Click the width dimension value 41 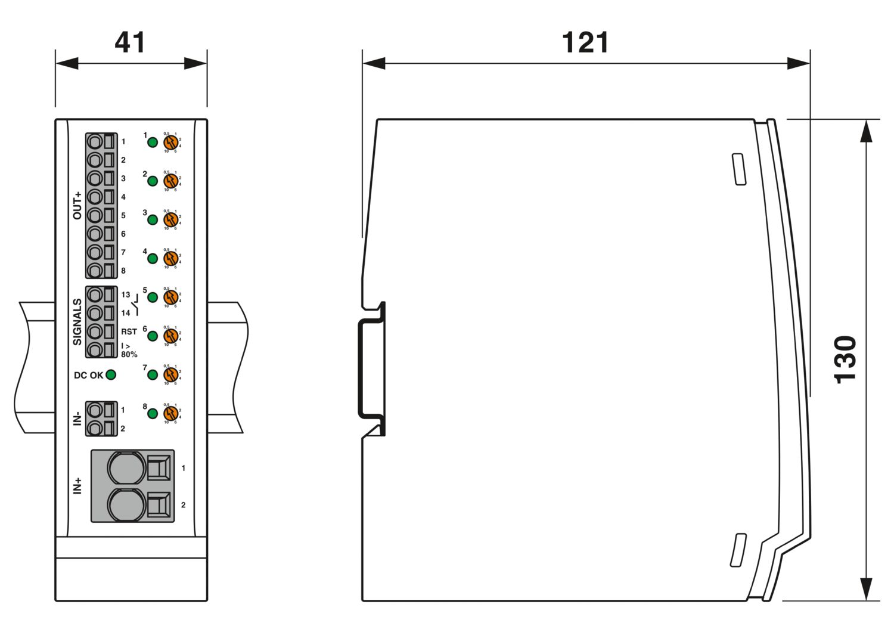coord(129,42)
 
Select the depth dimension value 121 coord(585,42)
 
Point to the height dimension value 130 coord(845,360)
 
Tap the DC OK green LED coord(110,375)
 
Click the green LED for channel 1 coord(153,142)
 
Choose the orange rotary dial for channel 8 coord(171,413)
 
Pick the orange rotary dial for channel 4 coord(171,258)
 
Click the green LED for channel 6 coord(153,336)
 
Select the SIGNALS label coord(77,322)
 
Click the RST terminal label coord(129,331)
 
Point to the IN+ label coord(77,486)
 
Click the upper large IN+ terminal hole coord(126,467)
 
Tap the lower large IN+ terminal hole coord(126,504)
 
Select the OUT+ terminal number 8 coord(123,271)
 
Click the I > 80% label coord(129,350)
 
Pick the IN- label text coord(77,419)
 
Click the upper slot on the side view coord(739,169)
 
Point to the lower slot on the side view coord(738,550)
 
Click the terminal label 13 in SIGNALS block coord(126,295)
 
